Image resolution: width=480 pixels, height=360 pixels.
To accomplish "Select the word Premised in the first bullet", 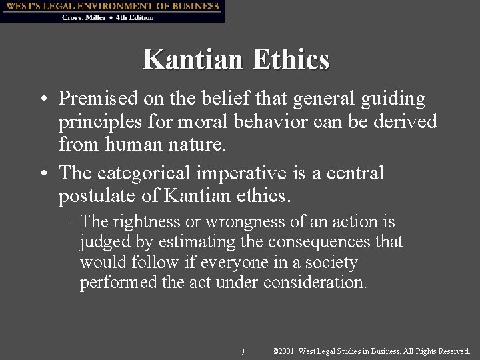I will click(x=98, y=99).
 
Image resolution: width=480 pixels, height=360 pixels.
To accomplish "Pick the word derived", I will click(x=407, y=122).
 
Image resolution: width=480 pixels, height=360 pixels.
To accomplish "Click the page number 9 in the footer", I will click(x=242, y=351).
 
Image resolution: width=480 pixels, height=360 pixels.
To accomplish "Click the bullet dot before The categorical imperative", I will click(x=43, y=174).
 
